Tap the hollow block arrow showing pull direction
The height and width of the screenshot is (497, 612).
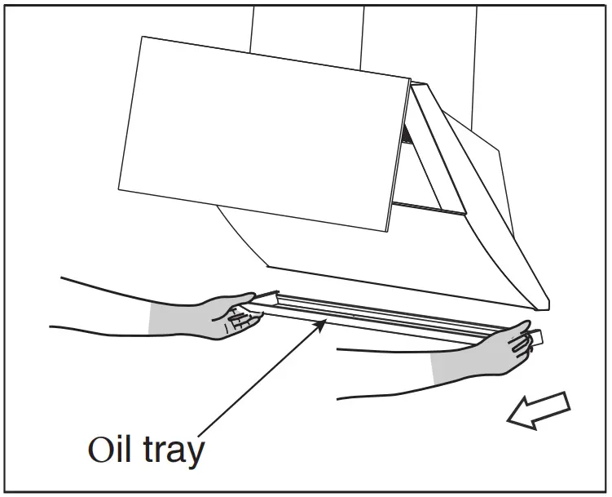tap(539, 408)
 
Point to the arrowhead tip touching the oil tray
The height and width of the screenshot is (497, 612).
tap(326, 322)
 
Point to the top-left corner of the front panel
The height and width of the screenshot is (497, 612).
tap(143, 37)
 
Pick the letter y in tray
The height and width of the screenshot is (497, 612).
tap(195, 454)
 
